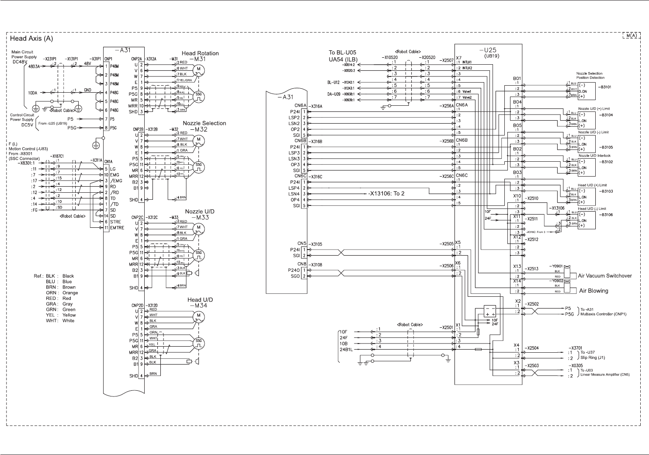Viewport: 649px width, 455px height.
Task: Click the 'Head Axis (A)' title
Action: (x=31, y=38)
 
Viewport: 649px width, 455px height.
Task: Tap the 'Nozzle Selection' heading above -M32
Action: (x=204, y=123)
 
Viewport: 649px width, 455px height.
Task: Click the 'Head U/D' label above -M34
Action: (x=200, y=300)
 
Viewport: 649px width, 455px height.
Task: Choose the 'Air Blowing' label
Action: (x=593, y=291)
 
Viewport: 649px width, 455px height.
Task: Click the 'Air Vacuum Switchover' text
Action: (x=604, y=276)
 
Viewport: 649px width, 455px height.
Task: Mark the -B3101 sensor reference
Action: (x=605, y=87)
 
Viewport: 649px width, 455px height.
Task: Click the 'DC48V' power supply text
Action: (x=20, y=62)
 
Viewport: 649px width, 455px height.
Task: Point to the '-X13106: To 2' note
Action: (x=386, y=194)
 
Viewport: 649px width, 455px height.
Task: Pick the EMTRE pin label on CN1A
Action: (x=117, y=228)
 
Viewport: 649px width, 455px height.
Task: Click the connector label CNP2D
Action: (x=137, y=304)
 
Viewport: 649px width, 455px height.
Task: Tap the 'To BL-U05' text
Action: (x=342, y=52)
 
